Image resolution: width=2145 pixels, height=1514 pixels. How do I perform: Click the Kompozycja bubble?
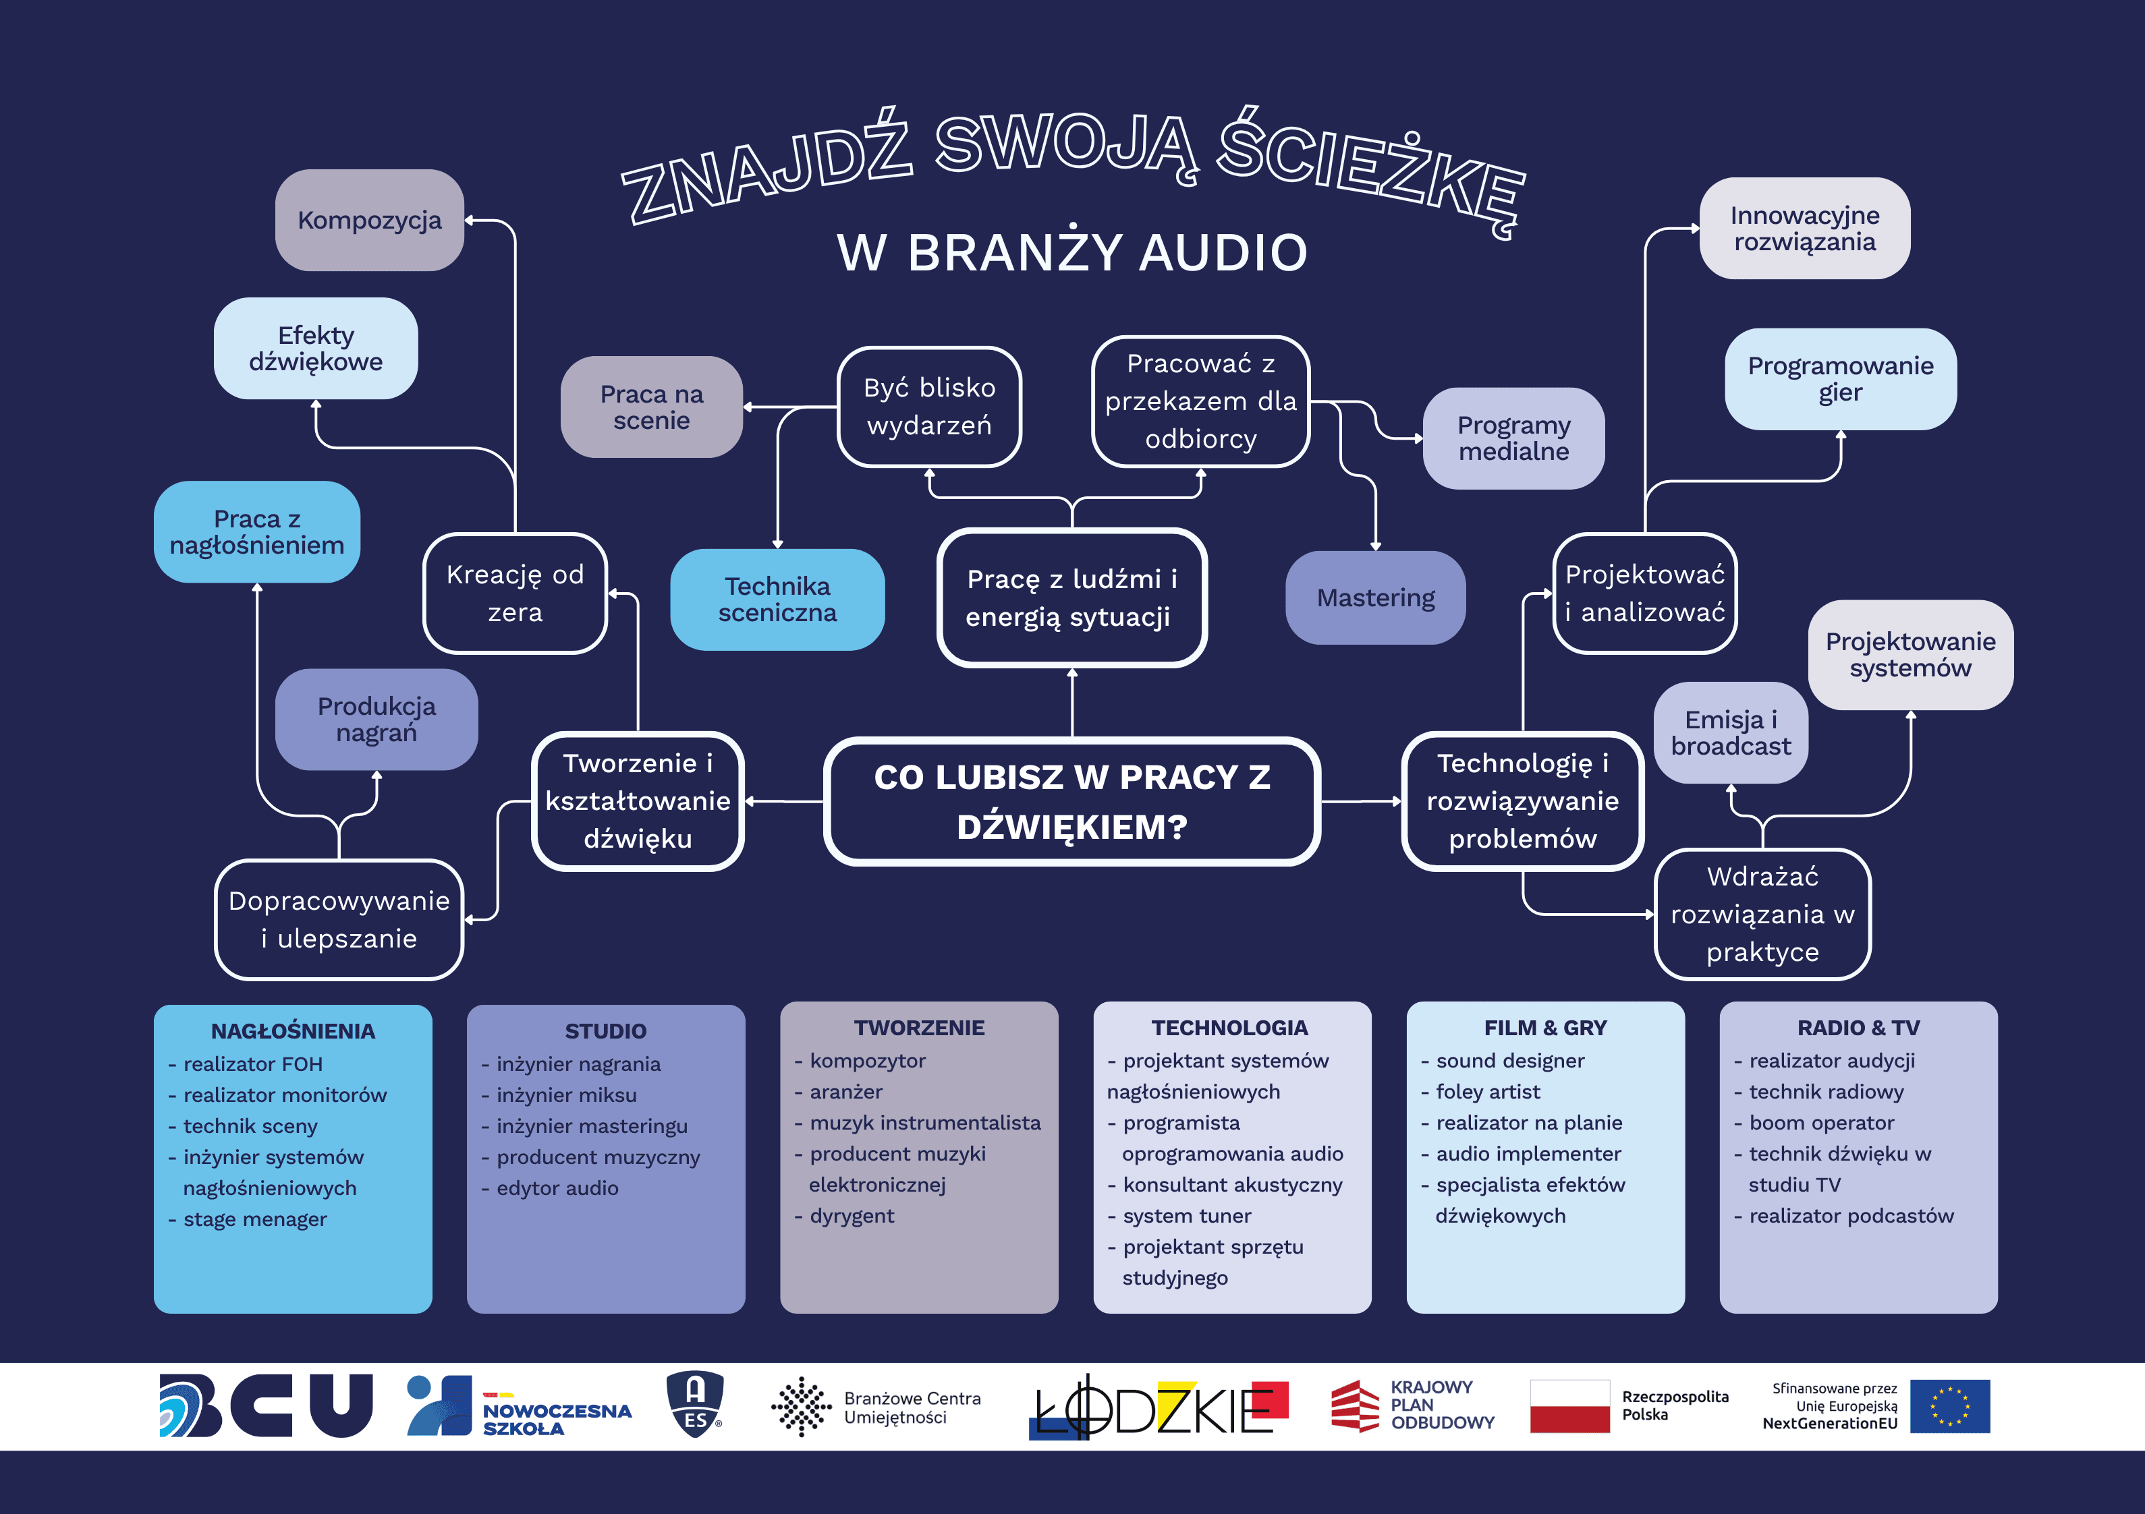point(369,221)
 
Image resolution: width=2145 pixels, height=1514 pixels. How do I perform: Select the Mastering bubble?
point(1375,598)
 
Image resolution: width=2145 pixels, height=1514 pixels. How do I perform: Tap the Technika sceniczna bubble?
point(777,600)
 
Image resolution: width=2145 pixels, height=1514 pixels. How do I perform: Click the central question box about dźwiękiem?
point(1071,801)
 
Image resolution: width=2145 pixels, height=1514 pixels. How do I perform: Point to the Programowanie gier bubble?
point(1839,379)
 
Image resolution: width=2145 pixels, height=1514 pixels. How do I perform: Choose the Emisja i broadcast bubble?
point(1730,733)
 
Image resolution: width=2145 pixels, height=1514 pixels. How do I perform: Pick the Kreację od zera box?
point(515,593)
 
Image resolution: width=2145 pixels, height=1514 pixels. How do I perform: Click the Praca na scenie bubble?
point(651,407)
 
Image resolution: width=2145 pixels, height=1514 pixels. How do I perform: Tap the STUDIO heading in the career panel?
point(605,1031)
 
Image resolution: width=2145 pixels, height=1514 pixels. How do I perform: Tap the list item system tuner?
point(1186,1216)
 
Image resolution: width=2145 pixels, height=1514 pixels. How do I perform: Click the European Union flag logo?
point(1950,1405)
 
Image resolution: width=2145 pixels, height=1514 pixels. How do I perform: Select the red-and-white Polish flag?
point(1569,1405)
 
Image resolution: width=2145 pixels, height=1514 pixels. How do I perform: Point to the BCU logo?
point(267,1405)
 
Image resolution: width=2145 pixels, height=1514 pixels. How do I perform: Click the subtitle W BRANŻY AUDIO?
point(1071,252)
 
